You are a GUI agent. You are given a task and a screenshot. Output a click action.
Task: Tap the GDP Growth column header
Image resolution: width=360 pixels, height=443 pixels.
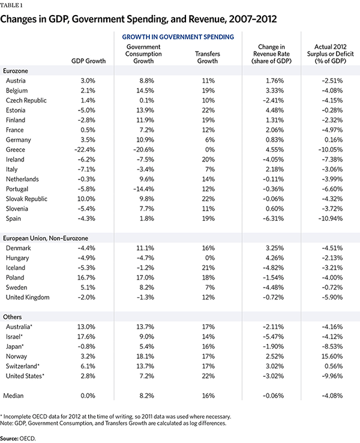point(89,61)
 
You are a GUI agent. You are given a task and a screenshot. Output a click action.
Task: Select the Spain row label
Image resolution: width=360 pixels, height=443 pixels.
point(14,218)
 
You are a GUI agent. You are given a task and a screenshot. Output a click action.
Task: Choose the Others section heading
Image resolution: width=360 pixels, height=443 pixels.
point(14,316)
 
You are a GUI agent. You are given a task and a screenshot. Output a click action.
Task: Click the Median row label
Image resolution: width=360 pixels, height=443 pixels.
point(15,396)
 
